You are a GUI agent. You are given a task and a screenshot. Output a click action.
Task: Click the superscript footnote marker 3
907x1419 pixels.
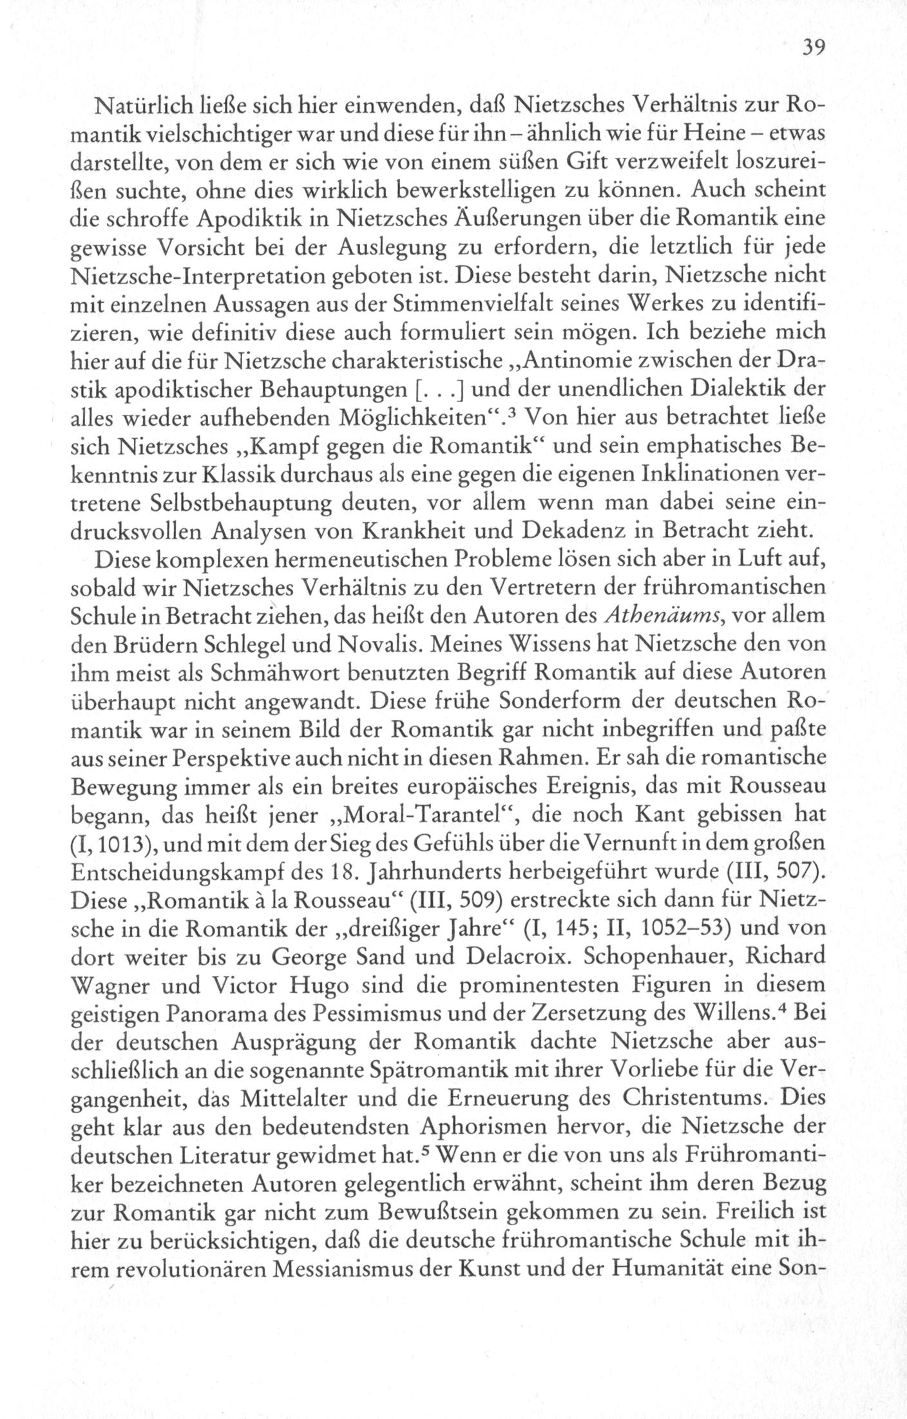click(x=515, y=412)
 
